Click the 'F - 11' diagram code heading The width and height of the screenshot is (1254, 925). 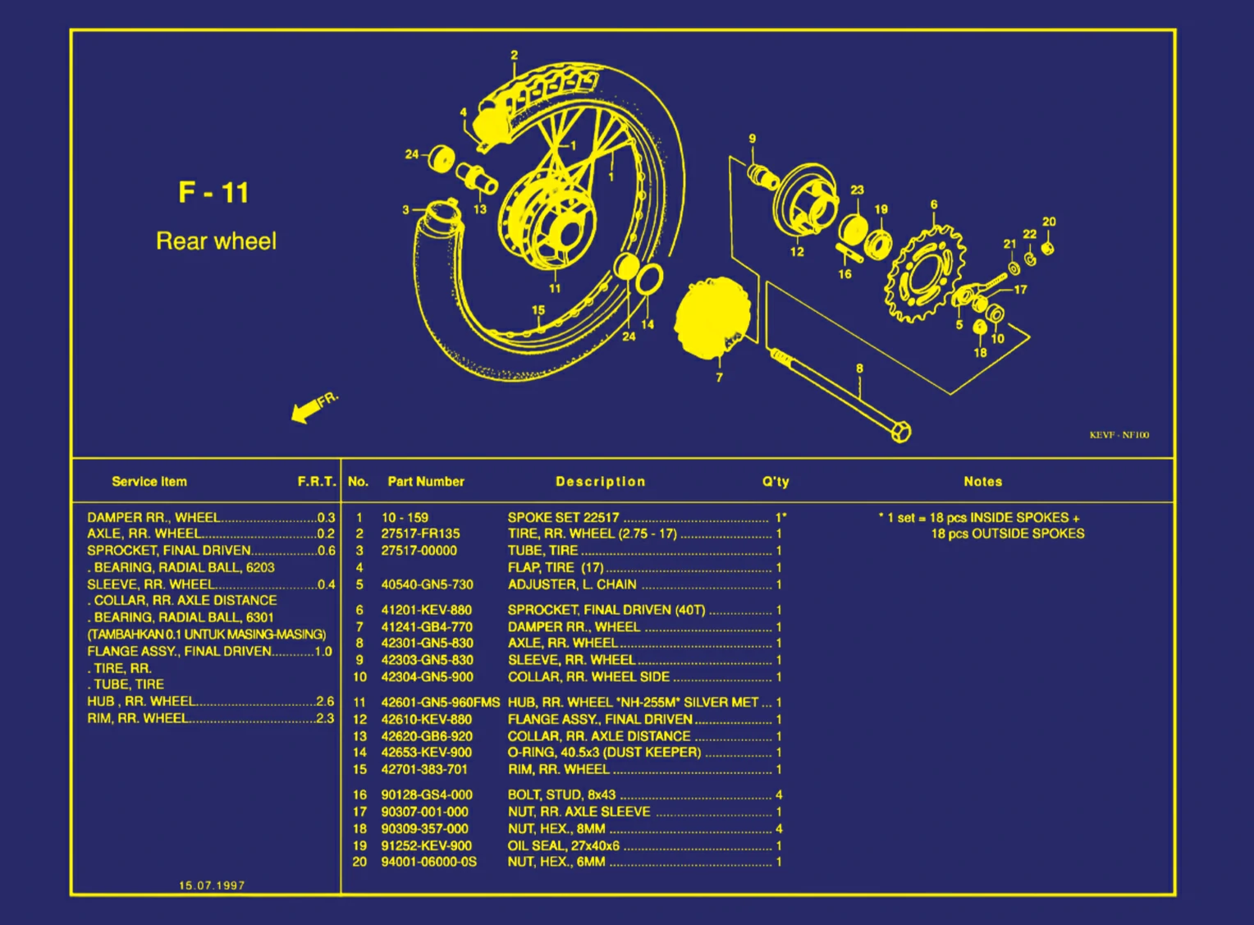213,193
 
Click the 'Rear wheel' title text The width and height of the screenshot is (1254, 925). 216,241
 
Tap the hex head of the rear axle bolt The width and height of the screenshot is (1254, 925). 900,431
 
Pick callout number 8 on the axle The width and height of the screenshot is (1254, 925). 859,369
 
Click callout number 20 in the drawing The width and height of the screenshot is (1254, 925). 1049,222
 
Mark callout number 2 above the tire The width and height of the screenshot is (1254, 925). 515,56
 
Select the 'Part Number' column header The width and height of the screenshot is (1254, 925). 425,482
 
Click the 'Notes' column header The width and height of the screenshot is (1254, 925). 982,482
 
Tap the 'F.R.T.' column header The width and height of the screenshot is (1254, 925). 316,482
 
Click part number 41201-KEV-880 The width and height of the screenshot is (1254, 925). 426,610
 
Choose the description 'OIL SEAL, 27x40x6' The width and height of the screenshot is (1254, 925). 563,845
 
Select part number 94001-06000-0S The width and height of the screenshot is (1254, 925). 428,862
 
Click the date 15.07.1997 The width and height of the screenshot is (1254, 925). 212,885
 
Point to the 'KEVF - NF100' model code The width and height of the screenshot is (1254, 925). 1119,435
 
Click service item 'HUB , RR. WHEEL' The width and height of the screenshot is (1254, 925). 141,701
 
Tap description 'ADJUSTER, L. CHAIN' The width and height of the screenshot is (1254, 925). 571,584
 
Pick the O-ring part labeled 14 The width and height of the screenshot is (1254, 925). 650,279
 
